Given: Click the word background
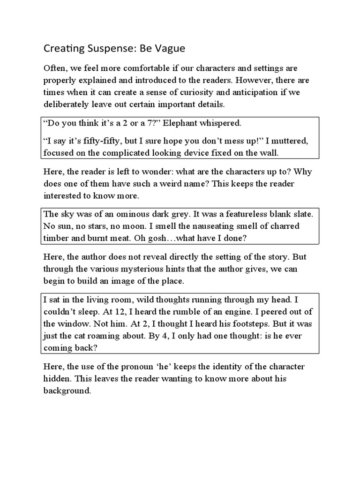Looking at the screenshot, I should tap(66, 390).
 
